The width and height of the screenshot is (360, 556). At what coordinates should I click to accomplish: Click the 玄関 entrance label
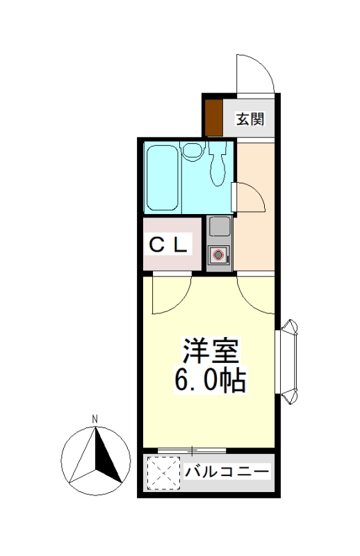[250, 119]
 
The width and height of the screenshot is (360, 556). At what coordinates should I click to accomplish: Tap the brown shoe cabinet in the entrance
[214, 117]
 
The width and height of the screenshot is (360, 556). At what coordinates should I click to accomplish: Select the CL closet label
[167, 245]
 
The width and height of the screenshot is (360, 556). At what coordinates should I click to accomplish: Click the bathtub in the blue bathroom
[163, 177]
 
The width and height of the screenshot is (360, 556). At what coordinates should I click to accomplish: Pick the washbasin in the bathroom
[193, 150]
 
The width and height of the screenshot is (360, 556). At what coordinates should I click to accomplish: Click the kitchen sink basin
[220, 227]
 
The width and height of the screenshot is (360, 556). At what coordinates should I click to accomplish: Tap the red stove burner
[218, 254]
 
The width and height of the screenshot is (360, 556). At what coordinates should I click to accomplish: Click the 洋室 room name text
[210, 350]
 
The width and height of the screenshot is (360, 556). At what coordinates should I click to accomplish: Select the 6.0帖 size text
[210, 379]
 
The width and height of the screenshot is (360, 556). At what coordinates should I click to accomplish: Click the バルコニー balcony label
[227, 472]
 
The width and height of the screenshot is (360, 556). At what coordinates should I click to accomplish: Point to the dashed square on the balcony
[163, 473]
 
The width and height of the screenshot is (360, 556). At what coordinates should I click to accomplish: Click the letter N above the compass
[95, 419]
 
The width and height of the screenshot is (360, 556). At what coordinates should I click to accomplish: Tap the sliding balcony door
[192, 450]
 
